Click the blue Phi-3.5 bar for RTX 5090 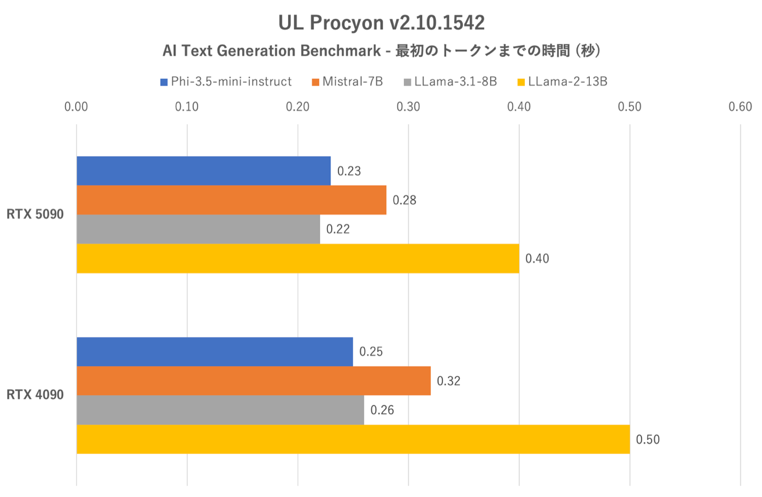(203, 171)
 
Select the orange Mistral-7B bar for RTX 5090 (231, 200)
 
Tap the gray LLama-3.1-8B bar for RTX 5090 (198, 229)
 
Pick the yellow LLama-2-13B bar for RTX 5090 (297, 258)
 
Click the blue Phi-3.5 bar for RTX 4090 (214, 352)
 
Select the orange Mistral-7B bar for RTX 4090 (253, 381)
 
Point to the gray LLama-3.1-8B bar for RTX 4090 (220, 410)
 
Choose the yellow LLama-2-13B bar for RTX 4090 (353, 439)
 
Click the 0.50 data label (647, 440)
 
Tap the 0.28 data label (404, 200)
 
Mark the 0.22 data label (338, 229)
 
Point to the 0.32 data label (448, 381)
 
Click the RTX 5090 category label (35, 215)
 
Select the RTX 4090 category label (35, 395)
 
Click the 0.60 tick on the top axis (739, 107)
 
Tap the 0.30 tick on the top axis (408, 107)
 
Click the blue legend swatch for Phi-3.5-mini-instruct (164, 82)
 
